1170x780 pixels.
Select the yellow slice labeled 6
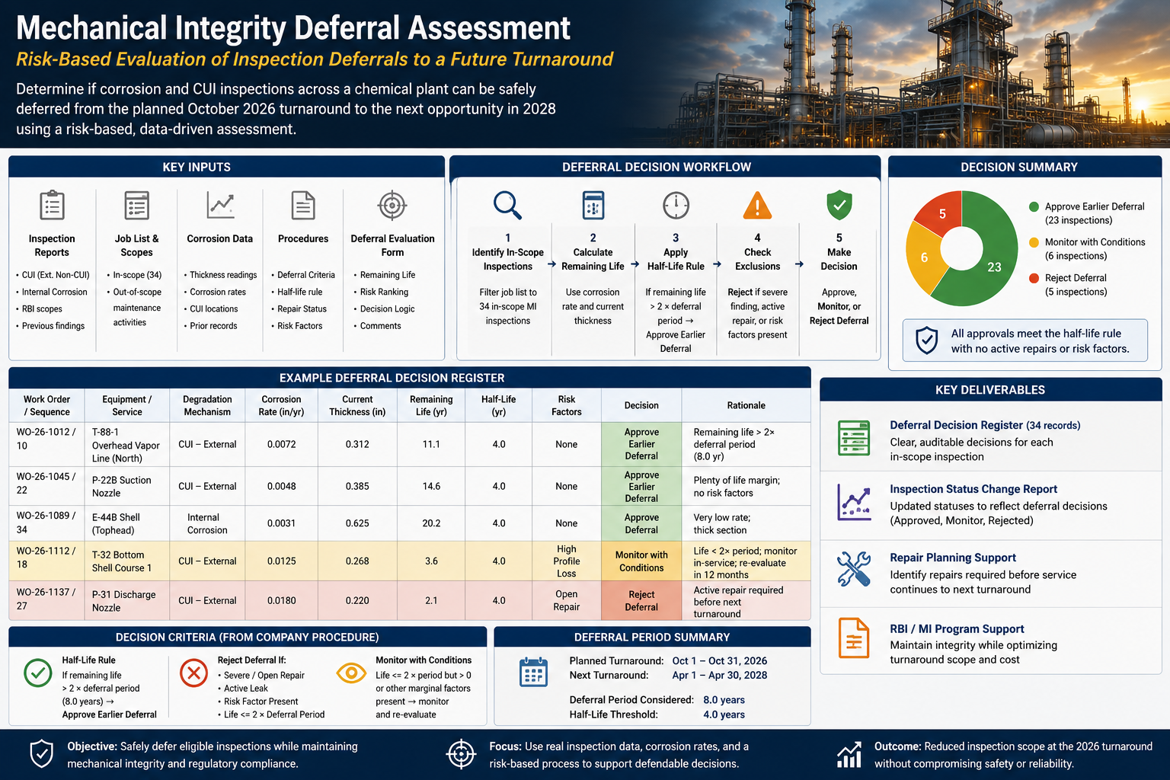tap(925, 256)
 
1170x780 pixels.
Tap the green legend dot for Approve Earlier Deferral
tap(1034, 206)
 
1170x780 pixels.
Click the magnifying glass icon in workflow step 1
tap(507, 205)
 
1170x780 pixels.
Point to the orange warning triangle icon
tap(757, 206)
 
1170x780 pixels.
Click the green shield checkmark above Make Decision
tap(839, 205)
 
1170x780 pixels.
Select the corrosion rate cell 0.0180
tap(282, 600)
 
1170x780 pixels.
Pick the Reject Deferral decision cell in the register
tap(641, 600)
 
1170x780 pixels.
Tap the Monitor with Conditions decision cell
tap(641, 561)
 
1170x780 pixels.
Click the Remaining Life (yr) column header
tap(431, 405)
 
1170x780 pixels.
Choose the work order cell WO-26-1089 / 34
tap(46, 523)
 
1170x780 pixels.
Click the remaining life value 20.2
tap(431, 523)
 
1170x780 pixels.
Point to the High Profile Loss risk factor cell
tap(566, 561)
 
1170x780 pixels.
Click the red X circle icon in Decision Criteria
tap(193, 673)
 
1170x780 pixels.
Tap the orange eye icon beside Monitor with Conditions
tap(351, 673)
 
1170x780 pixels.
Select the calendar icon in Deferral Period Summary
tap(533, 672)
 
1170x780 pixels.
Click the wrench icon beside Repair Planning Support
tap(853, 568)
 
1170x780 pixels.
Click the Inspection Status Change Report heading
tap(973, 489)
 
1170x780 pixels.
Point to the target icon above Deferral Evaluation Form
tap(392, 206)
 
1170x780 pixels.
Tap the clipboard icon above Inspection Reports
tap(52, 205)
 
